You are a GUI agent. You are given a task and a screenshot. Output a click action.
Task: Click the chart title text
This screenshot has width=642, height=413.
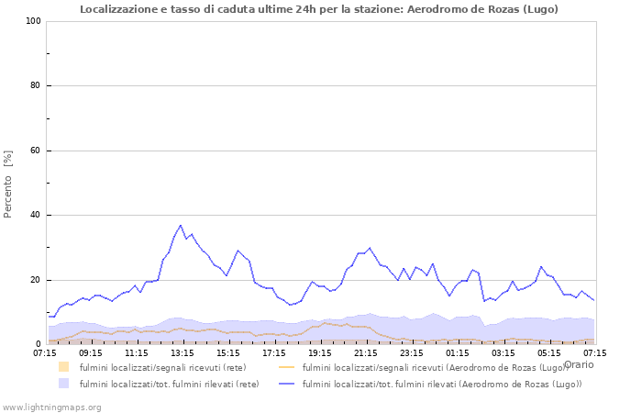(x=318, y=9)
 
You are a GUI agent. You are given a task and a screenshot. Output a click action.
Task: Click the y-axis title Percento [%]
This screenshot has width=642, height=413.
(x=8, y=184)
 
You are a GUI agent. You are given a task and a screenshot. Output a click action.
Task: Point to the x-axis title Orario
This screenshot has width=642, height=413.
(x=578, y=364)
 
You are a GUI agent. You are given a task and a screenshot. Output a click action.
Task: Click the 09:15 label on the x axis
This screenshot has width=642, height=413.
(x=91, y=352)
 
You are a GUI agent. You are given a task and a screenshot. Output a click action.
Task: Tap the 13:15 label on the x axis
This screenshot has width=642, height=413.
(x=183, y=352)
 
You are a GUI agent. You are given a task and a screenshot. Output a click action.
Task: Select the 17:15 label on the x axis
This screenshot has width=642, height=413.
(x=274, y=352)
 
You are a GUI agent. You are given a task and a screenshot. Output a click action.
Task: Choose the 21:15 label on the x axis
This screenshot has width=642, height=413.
(x=366, y=352)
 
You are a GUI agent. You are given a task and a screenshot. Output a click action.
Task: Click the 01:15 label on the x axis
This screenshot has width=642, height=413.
(x=458, y=352)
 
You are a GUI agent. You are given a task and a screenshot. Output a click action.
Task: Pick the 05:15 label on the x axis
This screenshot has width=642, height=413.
(x=549, y=352)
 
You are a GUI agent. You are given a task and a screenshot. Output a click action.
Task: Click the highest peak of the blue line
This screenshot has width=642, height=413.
(x=181, y=225)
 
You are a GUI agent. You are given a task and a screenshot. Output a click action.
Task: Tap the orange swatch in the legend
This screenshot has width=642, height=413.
(x=63, y=367)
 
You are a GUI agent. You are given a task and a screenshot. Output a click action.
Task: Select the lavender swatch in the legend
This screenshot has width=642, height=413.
(x=63, y=384)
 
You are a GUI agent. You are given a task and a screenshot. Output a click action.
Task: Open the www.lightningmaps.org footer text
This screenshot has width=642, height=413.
(x=52, y=407)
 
